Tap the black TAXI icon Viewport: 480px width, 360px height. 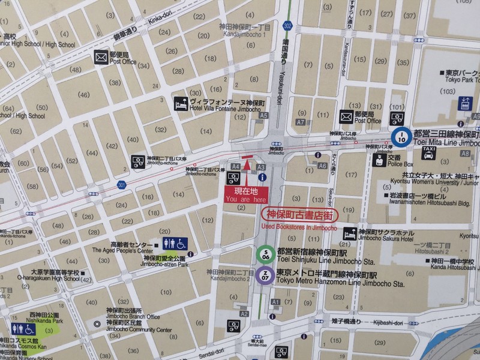click(x=428, y=153)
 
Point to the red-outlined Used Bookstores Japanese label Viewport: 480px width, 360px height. click(x=300, y=214)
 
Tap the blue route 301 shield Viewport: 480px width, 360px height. click(x=122, y=184)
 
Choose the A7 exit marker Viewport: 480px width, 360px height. click(x=301, y=122)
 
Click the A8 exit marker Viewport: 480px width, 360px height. click(x=466, y=154)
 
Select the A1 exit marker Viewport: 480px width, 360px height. click(x=276, y=301)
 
